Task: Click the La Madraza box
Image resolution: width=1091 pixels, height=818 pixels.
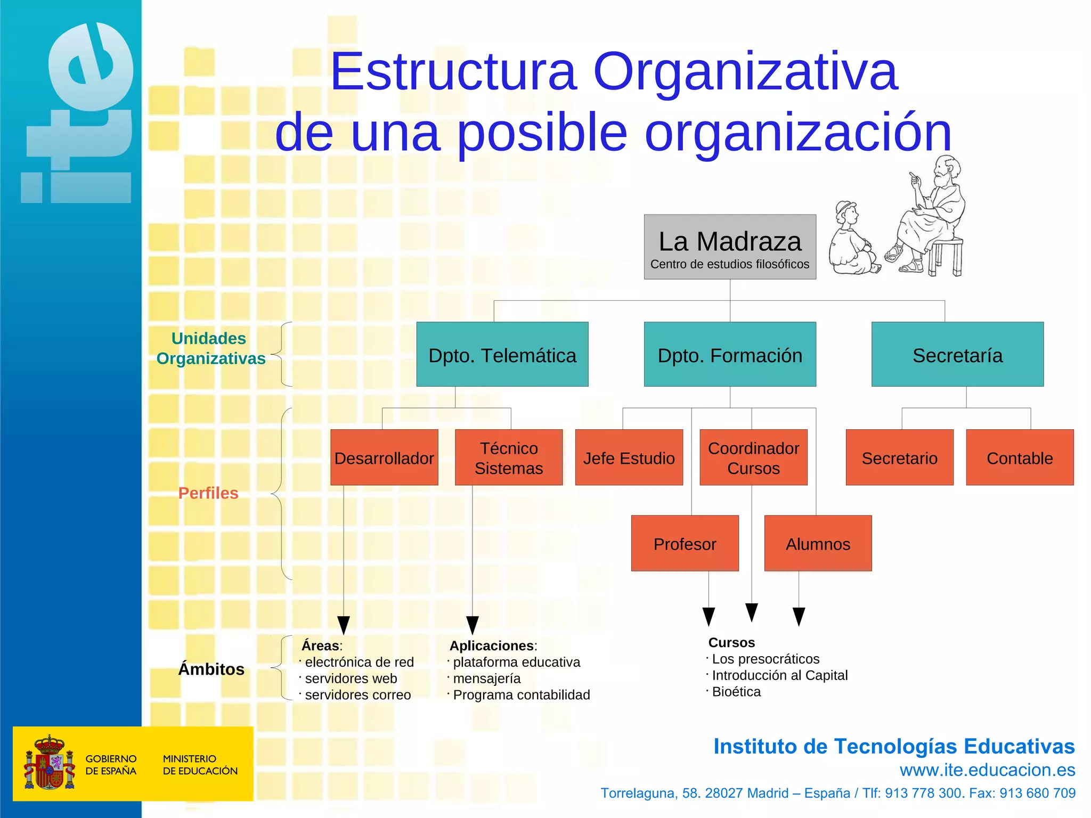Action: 730,247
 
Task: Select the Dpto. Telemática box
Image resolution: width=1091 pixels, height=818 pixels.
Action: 502,354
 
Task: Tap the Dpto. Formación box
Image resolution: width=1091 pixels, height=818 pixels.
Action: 730,354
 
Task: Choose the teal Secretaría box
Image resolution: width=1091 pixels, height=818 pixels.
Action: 957,354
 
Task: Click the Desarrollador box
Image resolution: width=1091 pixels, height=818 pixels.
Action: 384,457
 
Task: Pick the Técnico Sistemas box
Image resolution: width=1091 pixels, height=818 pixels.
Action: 509,457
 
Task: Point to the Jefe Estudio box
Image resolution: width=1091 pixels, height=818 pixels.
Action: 629,457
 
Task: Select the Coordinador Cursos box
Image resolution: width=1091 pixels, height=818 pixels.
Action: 753,457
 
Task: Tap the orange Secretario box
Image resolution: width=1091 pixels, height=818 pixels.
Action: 899,457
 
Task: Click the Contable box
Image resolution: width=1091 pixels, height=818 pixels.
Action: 1020,457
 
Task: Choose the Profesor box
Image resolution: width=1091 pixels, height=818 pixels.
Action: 685,543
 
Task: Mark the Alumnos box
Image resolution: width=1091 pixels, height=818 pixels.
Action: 818,543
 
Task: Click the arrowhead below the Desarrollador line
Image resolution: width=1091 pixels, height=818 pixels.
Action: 344,625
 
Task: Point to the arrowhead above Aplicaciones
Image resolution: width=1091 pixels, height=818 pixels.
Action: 473,625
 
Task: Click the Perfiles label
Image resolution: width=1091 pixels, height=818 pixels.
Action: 208,493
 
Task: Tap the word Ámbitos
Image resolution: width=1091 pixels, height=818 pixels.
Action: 211,669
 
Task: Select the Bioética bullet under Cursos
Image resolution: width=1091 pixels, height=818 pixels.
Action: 736,692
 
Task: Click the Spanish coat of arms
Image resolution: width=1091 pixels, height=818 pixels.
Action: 48,763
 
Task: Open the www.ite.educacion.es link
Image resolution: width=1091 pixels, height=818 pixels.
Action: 987,770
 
